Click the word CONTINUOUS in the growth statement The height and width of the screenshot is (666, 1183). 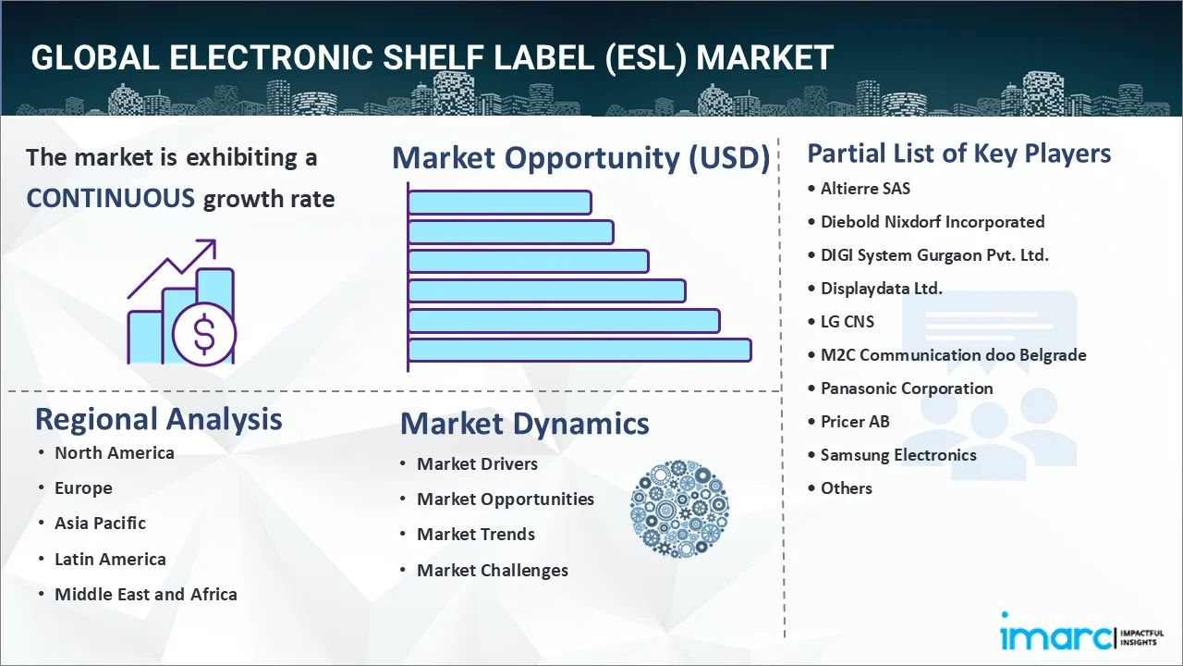coord(110,198)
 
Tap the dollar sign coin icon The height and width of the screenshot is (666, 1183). coord(204,337)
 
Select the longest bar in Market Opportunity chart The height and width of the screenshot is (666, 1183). coord(579,350)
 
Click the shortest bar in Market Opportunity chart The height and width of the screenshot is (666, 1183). coord(499,202)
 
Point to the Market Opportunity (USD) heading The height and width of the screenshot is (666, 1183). coord(580,158)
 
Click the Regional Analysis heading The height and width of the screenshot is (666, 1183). coord(158,419)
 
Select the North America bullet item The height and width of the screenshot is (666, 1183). coord(114,452)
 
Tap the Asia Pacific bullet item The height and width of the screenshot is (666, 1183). coord(100,523)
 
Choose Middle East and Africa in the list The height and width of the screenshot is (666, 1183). coord(145,594)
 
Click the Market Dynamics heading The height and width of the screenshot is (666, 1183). coord(524,424)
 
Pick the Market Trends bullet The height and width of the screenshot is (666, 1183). coord(475,534)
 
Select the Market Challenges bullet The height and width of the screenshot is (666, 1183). coord(492,570)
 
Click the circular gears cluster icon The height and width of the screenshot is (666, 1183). coord(679,508)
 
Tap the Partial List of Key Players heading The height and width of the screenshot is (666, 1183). coord(958,153)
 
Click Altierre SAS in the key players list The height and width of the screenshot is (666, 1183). coord(865,188)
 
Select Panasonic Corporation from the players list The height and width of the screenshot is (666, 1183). coord(907,388)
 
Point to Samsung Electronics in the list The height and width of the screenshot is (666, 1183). coord(898,455)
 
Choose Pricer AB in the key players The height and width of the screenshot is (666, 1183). coord(855,422)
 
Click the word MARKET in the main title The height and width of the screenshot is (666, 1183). coord(764,57)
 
